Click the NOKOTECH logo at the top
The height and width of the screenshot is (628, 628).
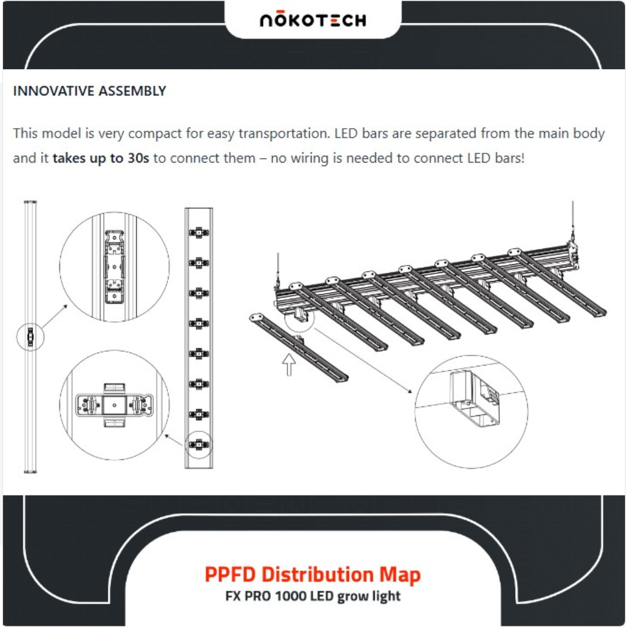click(313, 20)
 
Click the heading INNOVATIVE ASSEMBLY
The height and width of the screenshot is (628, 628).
click(90, 91)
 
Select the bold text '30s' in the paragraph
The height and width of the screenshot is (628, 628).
click(138, 158)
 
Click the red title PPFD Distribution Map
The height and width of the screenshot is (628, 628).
click(313, 574)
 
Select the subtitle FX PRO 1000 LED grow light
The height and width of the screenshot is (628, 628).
click(313, 596)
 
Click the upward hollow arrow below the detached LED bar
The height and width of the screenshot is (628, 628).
click(289, 364)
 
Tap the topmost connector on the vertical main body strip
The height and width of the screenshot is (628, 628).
click(199, 232)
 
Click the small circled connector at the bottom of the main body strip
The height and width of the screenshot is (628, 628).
click(199, 445)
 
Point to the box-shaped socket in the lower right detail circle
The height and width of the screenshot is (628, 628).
click(475, 399)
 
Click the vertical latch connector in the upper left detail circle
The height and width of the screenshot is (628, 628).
click(114, 267)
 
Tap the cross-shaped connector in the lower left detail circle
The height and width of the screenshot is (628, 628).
click(115, 405)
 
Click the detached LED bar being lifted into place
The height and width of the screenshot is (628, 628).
click(299, 348)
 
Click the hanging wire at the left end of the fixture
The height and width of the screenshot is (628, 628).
click(278, 269)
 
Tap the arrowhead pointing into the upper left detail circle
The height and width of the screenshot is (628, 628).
click(65, 307)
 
